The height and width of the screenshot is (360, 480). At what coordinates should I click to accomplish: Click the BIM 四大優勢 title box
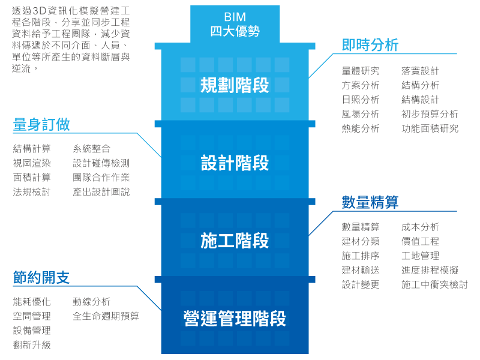click(x=235, y=24)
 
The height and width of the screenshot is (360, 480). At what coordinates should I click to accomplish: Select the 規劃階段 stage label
click(x=235, y=85)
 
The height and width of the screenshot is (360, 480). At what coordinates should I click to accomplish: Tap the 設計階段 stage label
click(x=235, y=163)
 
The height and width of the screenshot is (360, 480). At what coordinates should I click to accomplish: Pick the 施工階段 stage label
click(x=235, y=241)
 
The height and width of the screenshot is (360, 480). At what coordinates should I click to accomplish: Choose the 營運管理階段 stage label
click(x=235, y=319)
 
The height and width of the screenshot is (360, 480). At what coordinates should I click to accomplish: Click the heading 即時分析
click(x=370, y=45)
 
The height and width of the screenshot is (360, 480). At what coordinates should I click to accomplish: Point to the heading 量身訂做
click(x=41, y=124)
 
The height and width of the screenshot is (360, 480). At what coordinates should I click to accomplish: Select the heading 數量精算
click(x=370, y=202)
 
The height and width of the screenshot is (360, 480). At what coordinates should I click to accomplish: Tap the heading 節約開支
click(x=41, y=278)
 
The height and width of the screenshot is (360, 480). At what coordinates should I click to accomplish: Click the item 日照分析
click(x=361, y=100)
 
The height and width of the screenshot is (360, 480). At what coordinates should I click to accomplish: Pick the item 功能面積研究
click(x=430, y=128)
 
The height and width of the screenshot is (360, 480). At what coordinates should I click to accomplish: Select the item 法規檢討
click(x=32, y=192)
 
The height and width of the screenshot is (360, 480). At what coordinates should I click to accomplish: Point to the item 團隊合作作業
click(x=101, y=178)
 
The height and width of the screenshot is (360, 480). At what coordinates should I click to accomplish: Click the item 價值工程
click(x=420, y=241)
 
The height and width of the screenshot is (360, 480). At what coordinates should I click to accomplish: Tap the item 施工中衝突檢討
click(x=434, y=284)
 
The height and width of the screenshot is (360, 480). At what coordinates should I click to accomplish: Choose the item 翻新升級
click(x=32, y=345)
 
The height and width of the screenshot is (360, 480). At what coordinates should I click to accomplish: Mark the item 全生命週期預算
click(x=106, y=316)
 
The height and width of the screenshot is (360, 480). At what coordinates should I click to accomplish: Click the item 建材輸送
click(x=361, y=270)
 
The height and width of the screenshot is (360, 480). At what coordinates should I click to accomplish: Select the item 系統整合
click(x=91, y=149)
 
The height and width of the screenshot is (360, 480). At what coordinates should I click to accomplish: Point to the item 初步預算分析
click(x=430, y=114)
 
